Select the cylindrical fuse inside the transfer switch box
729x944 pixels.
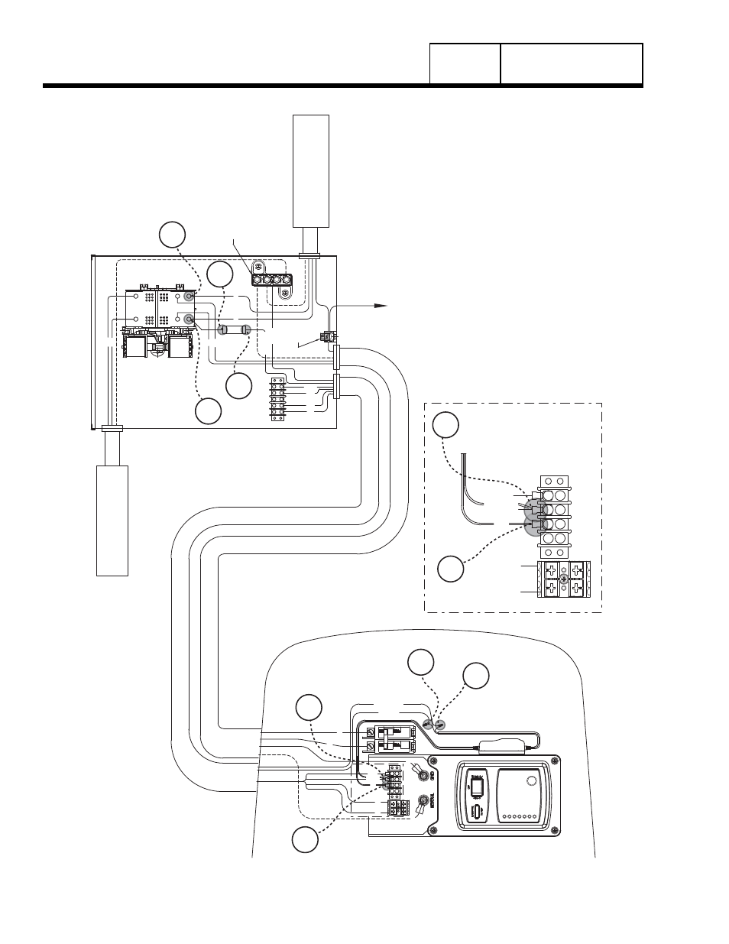pyautogui.click(x=232, y=329)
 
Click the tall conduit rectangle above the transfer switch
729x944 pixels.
pyautogui.click(x=311, y=171)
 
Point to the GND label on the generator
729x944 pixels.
pyautogui.click(x=433, y=776)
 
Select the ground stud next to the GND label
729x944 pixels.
pyautogui.click(x=420, y=775)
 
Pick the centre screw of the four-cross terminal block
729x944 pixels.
pyautogui.click(x=562, y=579)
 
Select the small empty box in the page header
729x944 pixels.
pyautogui.click(x=465, y=63)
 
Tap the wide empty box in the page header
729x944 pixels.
pyautogui.click(x=571, y=63)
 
